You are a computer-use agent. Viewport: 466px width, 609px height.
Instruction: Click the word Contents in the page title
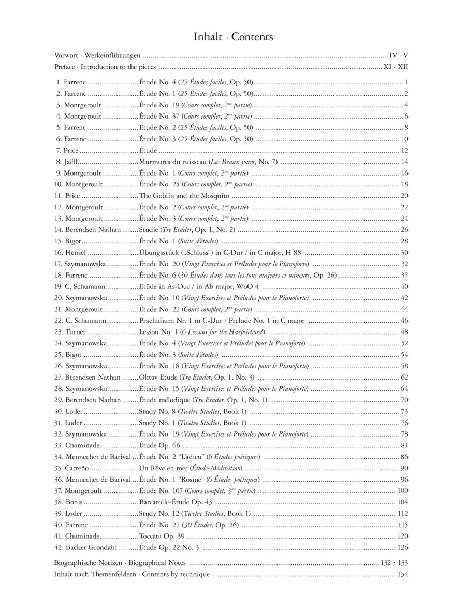tap(252, 37)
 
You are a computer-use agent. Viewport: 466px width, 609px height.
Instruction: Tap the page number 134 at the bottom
tap(403, 575)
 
